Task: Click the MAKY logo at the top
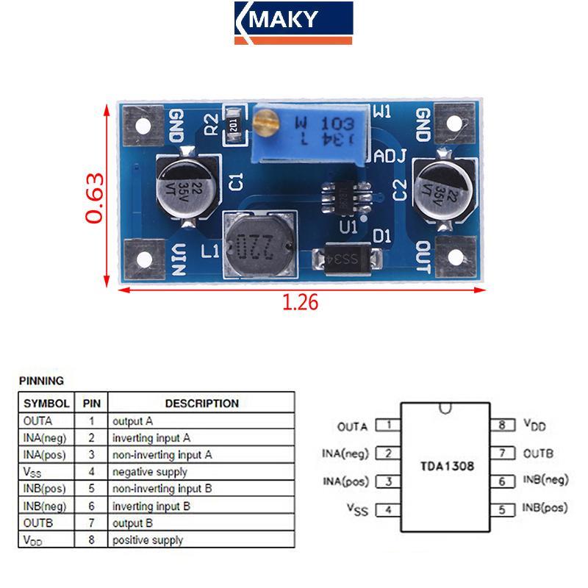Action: [x=293, y=22]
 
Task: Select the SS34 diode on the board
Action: [x=347, y=259]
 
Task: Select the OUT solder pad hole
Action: [x=456, y=258]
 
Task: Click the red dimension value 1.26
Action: [x=301, y=302]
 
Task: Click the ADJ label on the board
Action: [x=390, y=157]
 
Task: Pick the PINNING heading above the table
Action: [x=41, y=381]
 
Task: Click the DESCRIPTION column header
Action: [x=201, y=403]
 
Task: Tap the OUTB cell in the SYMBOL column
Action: [x=37, y=523]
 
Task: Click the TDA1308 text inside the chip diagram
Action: [x=447, y=466]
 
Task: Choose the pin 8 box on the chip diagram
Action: [x=502, y=425]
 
